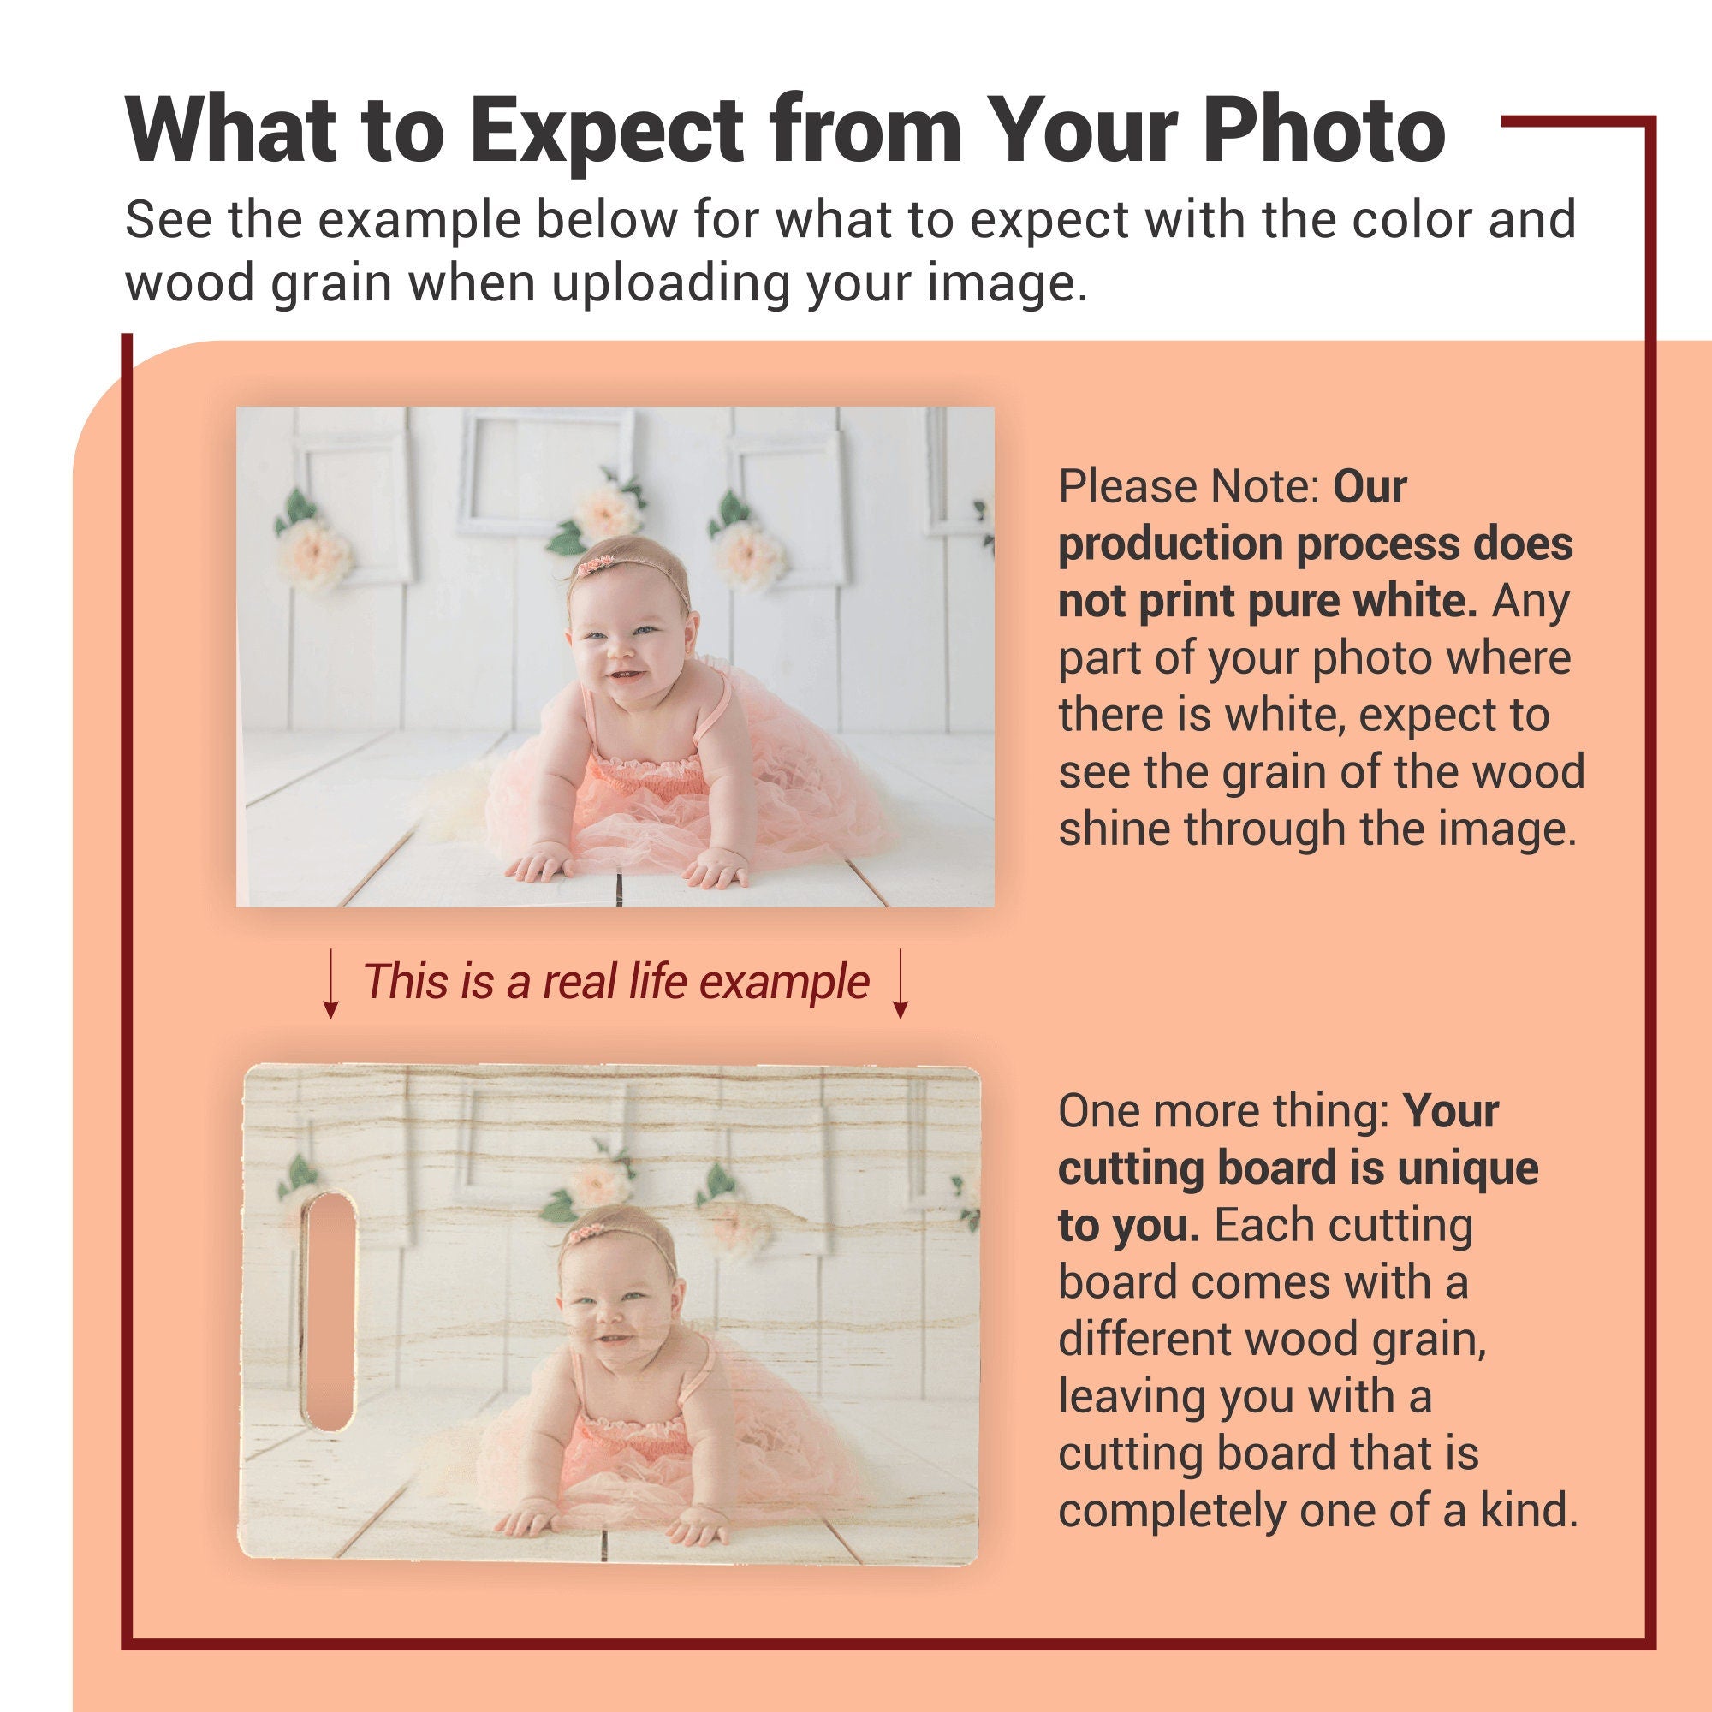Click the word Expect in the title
[606, 130]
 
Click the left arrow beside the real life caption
[330, 984]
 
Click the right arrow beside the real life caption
[901, 984]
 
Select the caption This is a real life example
[615, 982]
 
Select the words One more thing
[1225, 1111]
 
